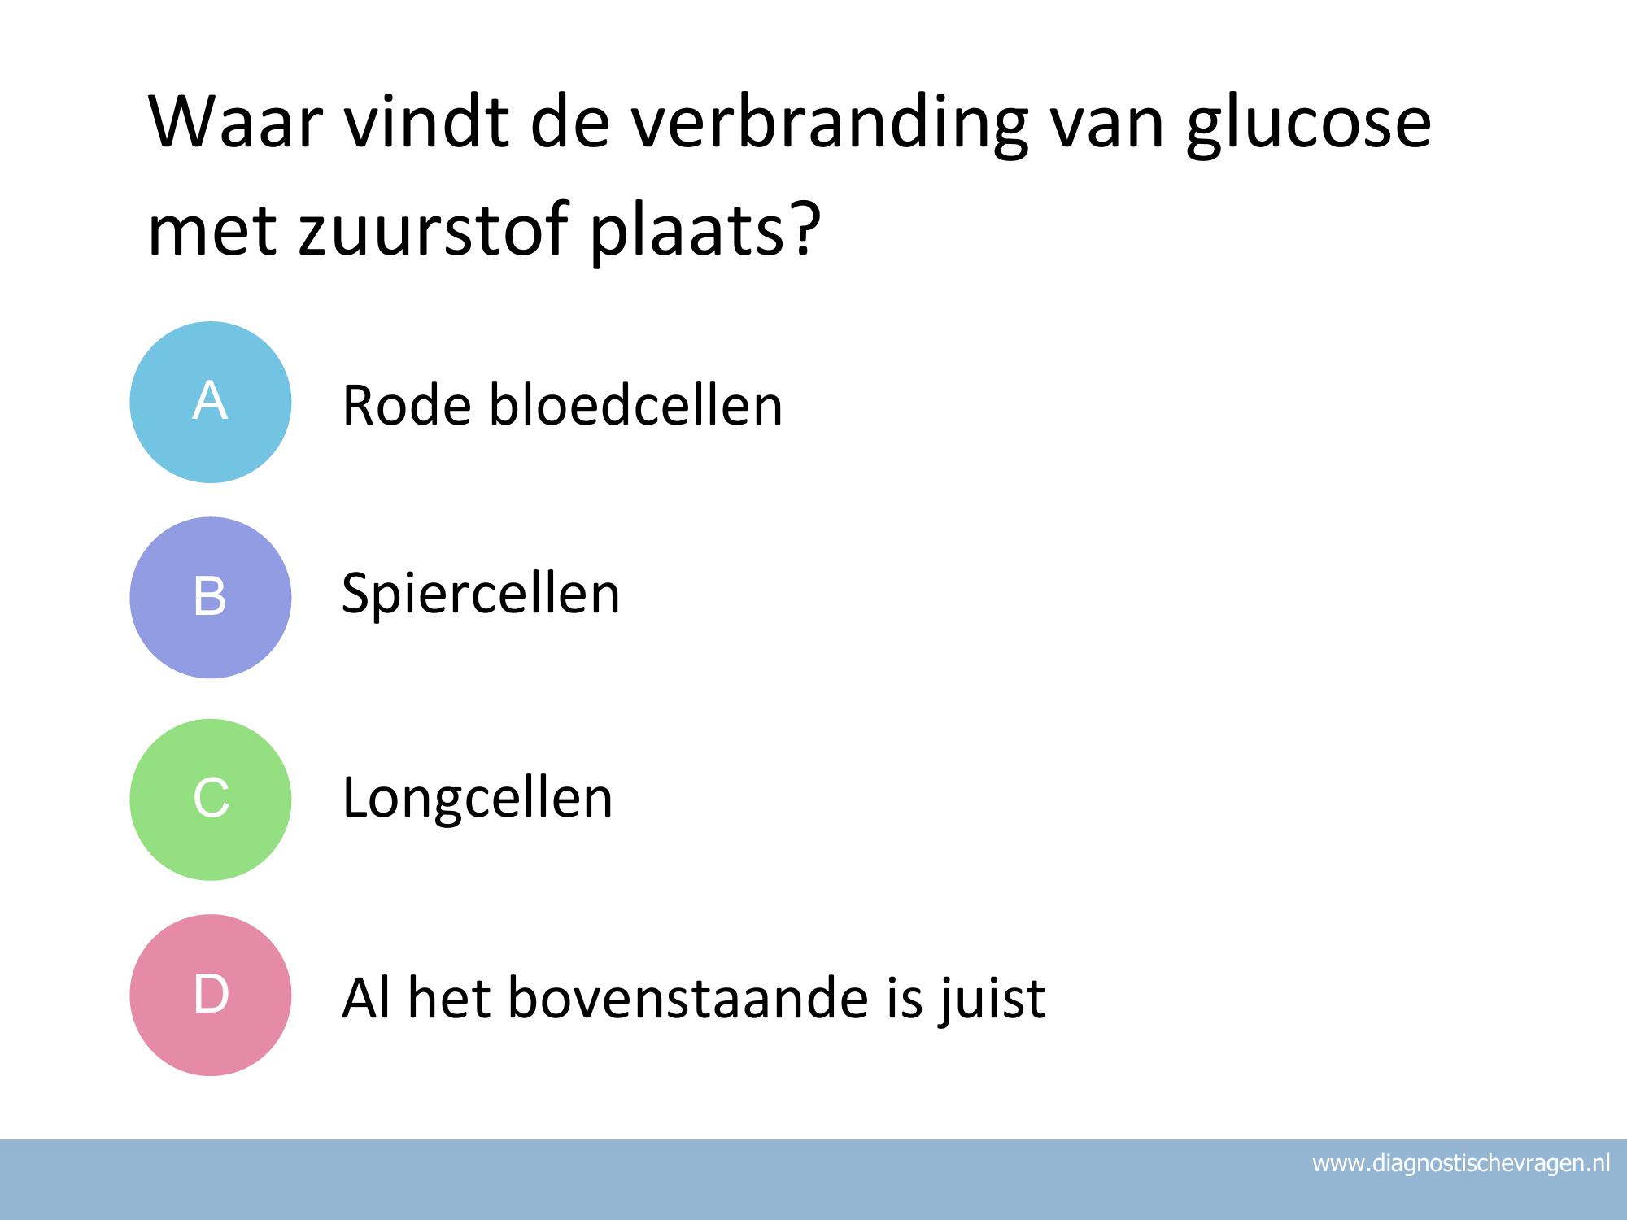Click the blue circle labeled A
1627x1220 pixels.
click(x=211, y=402)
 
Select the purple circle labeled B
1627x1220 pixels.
click(x=211, y=598)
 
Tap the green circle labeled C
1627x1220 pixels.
click(x=211, y=800)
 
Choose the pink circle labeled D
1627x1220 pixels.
click(x=211, y=995)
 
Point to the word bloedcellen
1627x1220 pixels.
click(x=635, y=404)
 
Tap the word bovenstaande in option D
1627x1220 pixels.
click(x=688, y=998)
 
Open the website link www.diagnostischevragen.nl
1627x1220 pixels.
click(x=1461, y=1164)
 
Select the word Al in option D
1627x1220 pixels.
click(x=366, y=997)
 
